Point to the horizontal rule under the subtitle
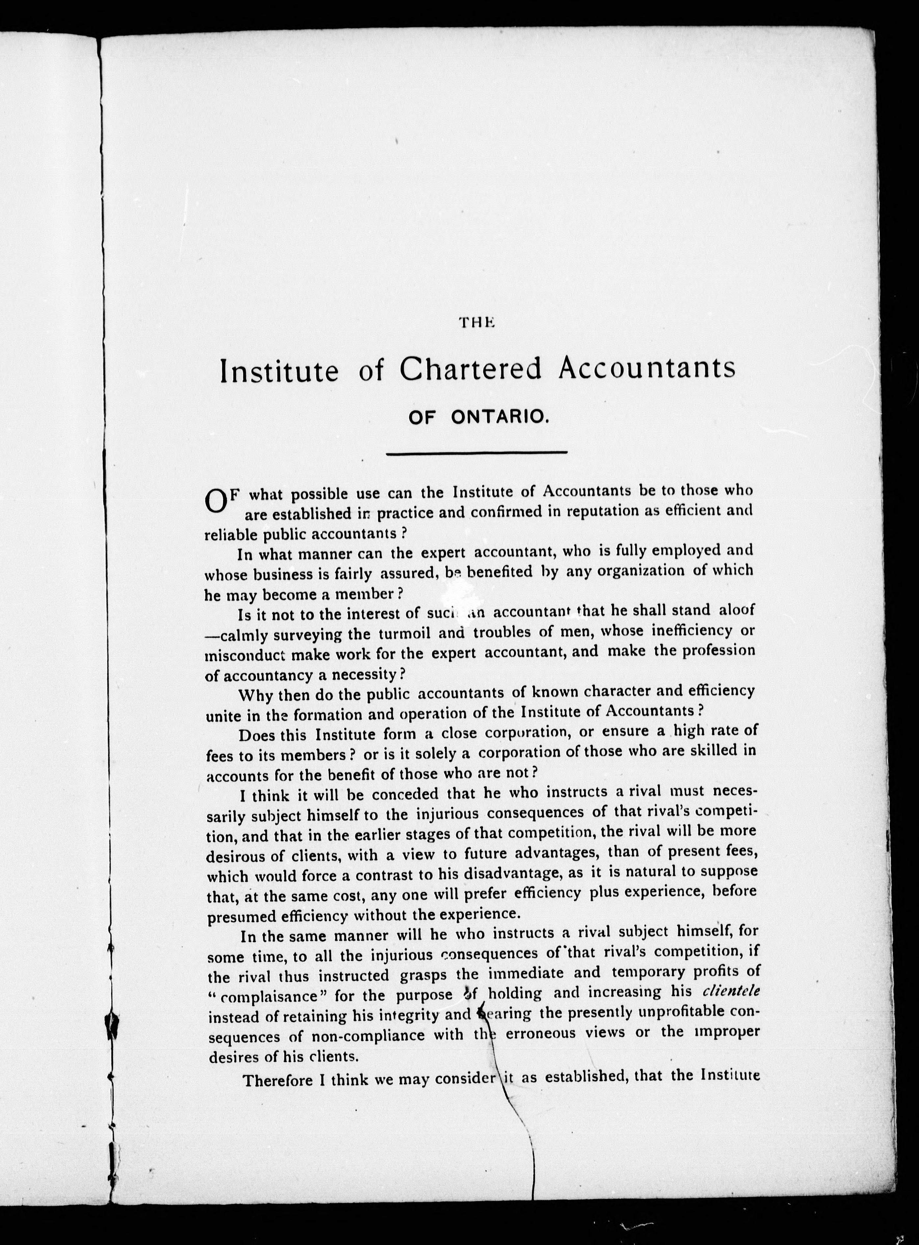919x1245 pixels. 477,452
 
